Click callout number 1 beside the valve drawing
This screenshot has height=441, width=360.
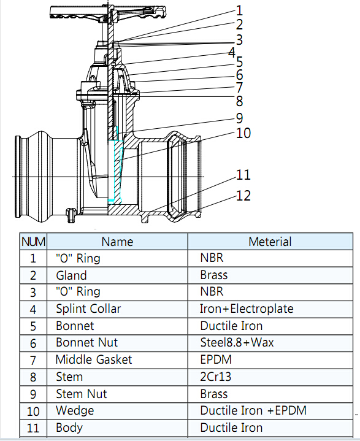[x=239, y=10]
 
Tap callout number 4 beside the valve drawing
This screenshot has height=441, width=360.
[x=232, y=52]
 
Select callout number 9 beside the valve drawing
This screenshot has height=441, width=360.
[x=239, y=118]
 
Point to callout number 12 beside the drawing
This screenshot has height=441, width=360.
[x=243, y=196]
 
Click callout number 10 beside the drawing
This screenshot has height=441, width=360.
[x=243, y=133]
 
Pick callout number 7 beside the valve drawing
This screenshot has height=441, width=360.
[x=239, y=88]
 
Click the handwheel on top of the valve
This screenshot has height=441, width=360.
[x=108, y=13]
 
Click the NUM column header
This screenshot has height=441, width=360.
[x=33, y=242]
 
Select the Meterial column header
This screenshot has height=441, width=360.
[x=270, y=242]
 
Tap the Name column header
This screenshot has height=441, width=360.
[x=117, y=242]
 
